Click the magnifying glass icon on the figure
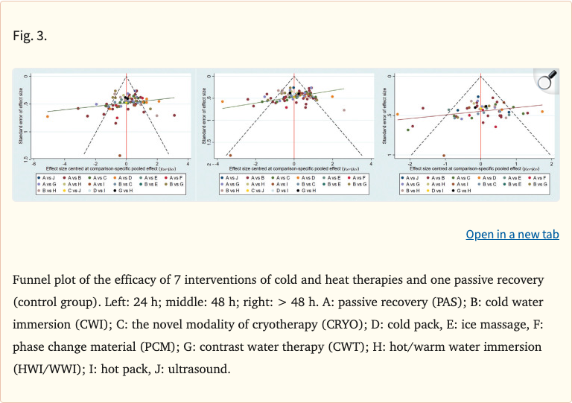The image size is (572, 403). pyautogui.click(x=547, y=83)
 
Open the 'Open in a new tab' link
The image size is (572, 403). pyautogui.click(x=512, y=235)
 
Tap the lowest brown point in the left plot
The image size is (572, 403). pyautogui.click(x=120, y=155)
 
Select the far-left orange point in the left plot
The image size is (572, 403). pyautogui.click(x=48, y=116)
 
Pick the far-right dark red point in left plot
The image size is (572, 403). pyautogui.click(x=174, y=115)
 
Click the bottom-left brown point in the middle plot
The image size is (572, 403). pyautogui.click(x=229, y=155)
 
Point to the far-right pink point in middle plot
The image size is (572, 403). pyautogui.click(x=344, y=110)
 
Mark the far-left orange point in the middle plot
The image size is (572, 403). pyautogui.click(x=222, y=101)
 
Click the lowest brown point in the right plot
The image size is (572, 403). pyautogui.click(x=444, y=156)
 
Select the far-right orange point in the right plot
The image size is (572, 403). pyautogui.click(x=542, y=112)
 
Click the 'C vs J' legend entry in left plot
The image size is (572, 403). pyautogui.click(x=77, y=191)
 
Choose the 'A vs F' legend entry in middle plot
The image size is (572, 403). pyautogui.click(x=355, y=177)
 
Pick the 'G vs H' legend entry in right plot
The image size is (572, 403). pyautogui.click(x=461, y=191)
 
